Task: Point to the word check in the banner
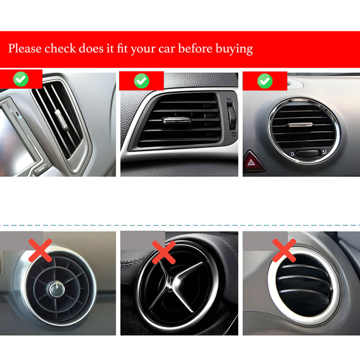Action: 59,49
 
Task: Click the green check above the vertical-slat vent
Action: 21,80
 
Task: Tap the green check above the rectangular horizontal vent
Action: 141,81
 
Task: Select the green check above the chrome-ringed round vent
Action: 265,81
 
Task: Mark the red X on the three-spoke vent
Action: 163,252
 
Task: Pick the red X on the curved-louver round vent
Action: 284,250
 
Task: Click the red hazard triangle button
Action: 253,162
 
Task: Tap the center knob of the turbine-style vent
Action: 58,288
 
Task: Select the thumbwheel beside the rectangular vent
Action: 232,117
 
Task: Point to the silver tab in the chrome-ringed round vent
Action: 301,124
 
